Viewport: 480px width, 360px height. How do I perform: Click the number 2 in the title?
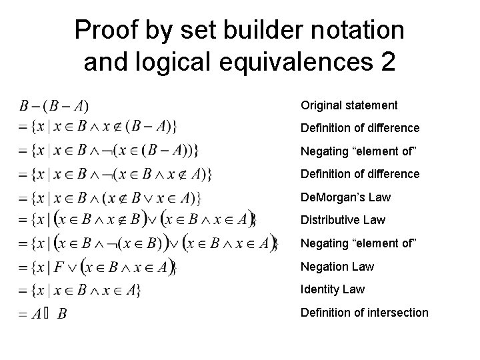coord(387,62)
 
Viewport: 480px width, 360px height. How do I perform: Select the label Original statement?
coord(349,105)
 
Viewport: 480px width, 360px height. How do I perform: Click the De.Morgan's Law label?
coord(345,197)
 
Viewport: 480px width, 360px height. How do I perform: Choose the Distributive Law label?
coord(343,220)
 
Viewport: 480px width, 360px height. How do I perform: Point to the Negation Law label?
coord(337,266)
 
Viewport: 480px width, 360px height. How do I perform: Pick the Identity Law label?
coord(333,289)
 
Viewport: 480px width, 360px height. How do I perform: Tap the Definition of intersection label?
coord(364,312)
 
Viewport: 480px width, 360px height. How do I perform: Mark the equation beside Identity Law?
coord(79,290)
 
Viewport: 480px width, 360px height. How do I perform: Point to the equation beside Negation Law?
coord(97,267)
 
